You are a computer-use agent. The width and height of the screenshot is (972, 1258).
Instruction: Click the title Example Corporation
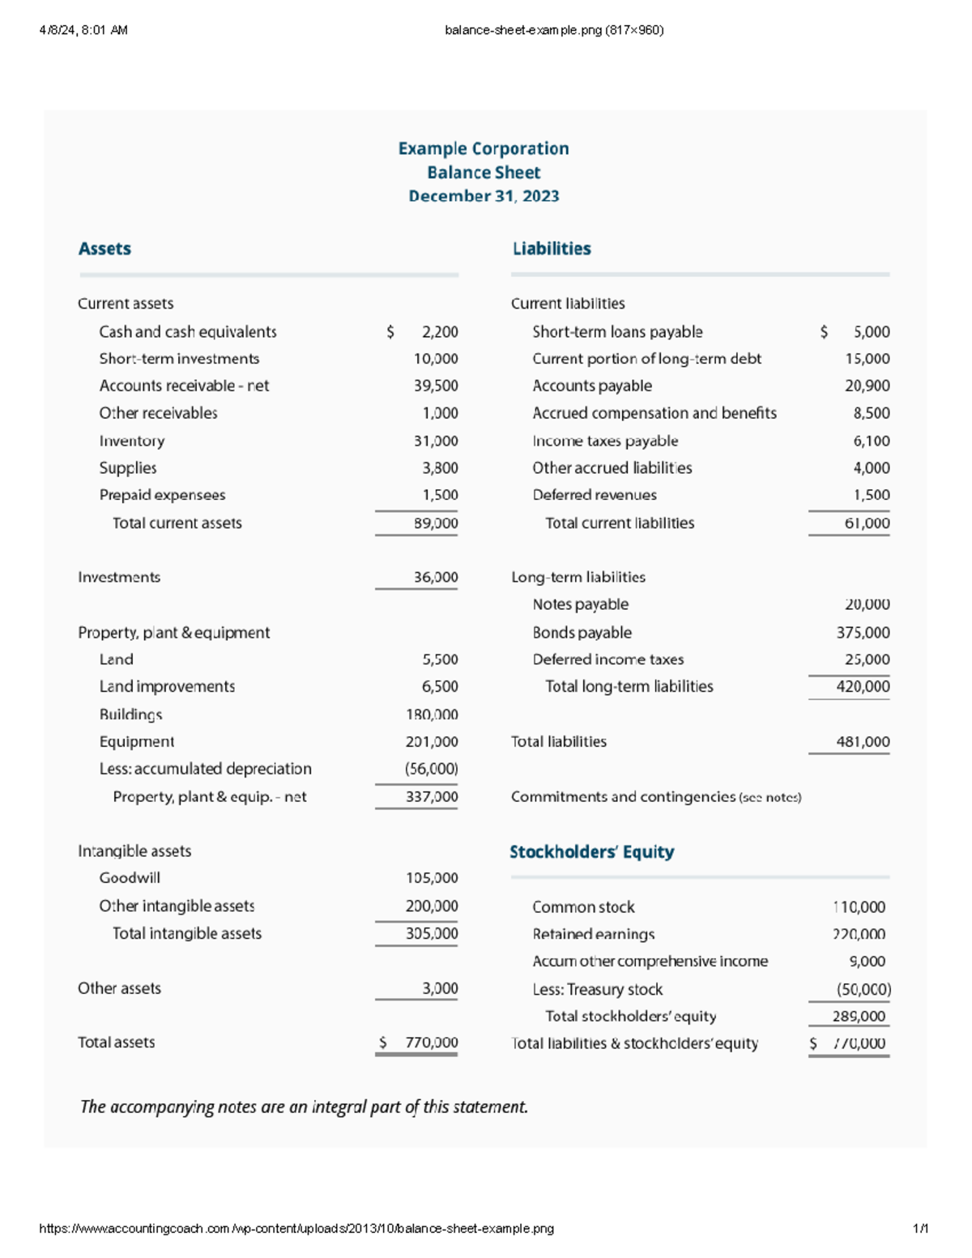click(484, 149)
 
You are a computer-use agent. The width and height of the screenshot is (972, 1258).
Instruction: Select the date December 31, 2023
click(484, 196)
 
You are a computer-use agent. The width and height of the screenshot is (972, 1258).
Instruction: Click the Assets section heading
click(104, 249)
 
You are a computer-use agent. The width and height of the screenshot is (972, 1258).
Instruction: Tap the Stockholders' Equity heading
click(591, 851)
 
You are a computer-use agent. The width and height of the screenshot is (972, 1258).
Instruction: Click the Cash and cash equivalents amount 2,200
click(440, 332)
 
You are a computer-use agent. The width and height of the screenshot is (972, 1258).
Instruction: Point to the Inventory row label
click(132, 441)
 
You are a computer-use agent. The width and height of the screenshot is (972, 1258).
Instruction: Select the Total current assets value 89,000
click(436, 523)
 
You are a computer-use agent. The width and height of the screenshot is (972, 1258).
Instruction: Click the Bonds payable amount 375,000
click(863, 633)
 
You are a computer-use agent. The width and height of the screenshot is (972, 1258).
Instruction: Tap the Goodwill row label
click(130, 878)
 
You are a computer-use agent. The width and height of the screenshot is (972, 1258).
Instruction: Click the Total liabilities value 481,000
click(863, 742)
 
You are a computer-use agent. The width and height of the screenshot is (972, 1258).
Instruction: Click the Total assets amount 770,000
click(431, 1043)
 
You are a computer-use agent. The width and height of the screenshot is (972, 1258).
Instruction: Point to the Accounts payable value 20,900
click(867, 386)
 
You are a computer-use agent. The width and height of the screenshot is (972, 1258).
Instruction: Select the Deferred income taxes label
click(607, 659)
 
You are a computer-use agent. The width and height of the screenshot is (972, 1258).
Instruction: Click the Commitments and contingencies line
click(656, 797)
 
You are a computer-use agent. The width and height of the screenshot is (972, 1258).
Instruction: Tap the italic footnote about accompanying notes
click(304, 1107)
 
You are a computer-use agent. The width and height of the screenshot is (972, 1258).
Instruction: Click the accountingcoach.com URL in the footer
click(296, 1229)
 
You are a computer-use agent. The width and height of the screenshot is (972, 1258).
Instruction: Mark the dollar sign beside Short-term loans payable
click(824, 332)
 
